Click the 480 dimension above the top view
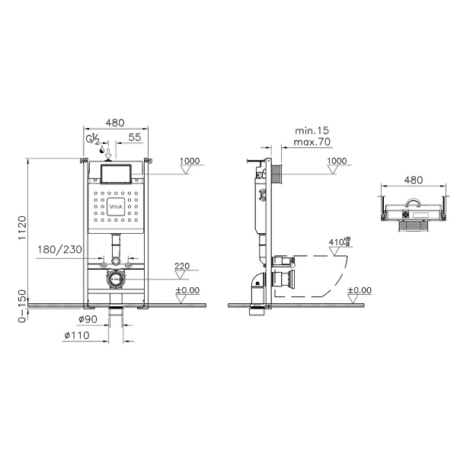[x=413, y=181]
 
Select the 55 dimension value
[x=133, y=137]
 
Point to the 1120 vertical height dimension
[x=23, y=226]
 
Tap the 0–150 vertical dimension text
[x=23, y=305]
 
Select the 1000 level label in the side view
[x=337, y=161]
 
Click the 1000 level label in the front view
[x=190, y=161]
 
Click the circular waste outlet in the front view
[x=115, y=279]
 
